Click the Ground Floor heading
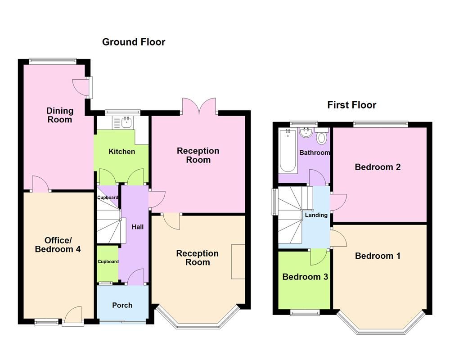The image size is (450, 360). (134, 42)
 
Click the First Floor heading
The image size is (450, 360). (351, 105)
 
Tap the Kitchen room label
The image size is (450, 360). (121, 151)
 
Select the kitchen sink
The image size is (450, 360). (125, 121)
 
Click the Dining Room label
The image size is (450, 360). (60, 115)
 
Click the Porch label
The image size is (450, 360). (122, 305)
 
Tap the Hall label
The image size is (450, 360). (137, 227)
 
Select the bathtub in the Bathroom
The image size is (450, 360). (288, 151)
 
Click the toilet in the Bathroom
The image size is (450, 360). (322, 136)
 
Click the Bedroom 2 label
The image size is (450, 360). (378, 167)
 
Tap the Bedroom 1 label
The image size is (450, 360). (378, 256)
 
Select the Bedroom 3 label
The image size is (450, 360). (305, 277)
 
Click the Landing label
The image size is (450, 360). (316, 215)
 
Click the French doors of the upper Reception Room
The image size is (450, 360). (200, 106)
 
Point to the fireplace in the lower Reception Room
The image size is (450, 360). (238, 261)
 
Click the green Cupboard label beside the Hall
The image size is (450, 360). (108, 261)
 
